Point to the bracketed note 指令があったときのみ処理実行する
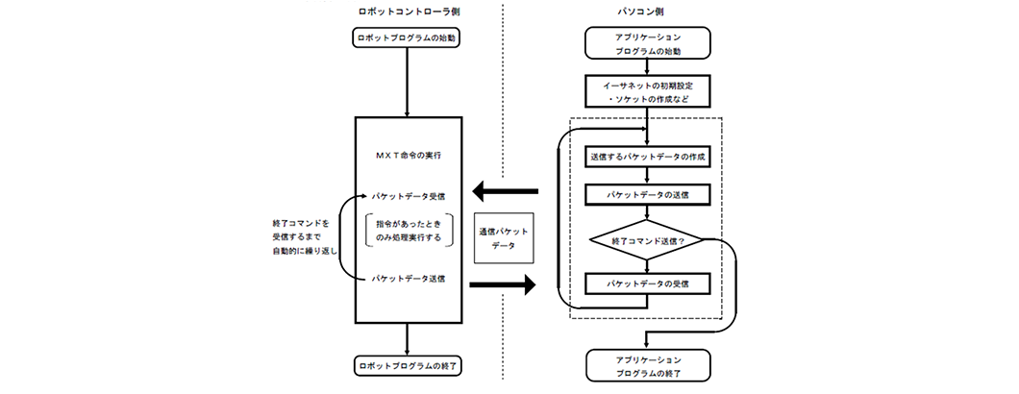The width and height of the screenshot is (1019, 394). point(409,231)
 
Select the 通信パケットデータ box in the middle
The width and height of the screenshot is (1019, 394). point(503,237)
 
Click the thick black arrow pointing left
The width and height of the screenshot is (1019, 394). point(506,190)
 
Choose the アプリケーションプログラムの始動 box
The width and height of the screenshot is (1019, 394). point(647,42)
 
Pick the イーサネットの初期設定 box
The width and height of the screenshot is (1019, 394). point(647,91)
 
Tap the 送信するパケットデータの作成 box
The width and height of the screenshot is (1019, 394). point(647,156)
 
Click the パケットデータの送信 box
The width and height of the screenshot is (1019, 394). point(647,195)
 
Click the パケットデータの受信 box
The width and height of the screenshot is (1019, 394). point(647,284)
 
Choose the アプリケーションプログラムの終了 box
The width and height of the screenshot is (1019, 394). point(647,365)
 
